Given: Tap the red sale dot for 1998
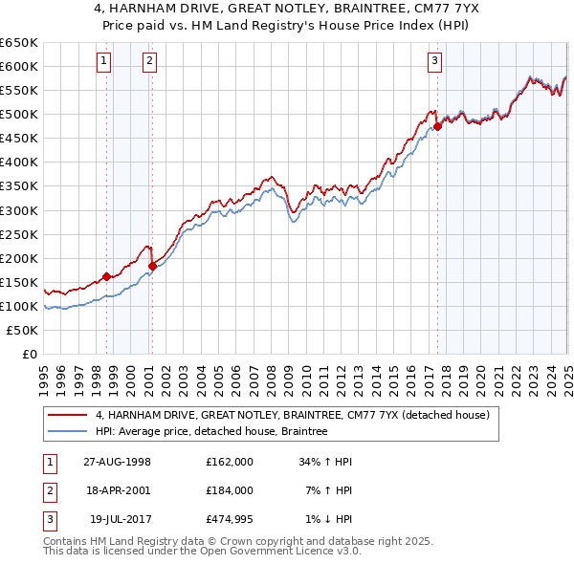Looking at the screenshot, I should pos(106,276).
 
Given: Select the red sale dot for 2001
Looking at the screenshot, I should pos(152,266).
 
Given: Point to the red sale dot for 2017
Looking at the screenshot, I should pos(437,125).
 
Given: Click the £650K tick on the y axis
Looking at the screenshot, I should pos(19,43).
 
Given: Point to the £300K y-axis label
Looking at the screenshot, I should pos(19,210).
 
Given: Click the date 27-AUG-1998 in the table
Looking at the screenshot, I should pos(118,461).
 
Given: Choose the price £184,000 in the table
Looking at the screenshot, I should pos(229,489).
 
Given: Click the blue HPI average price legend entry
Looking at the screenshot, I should pos(210,431).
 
